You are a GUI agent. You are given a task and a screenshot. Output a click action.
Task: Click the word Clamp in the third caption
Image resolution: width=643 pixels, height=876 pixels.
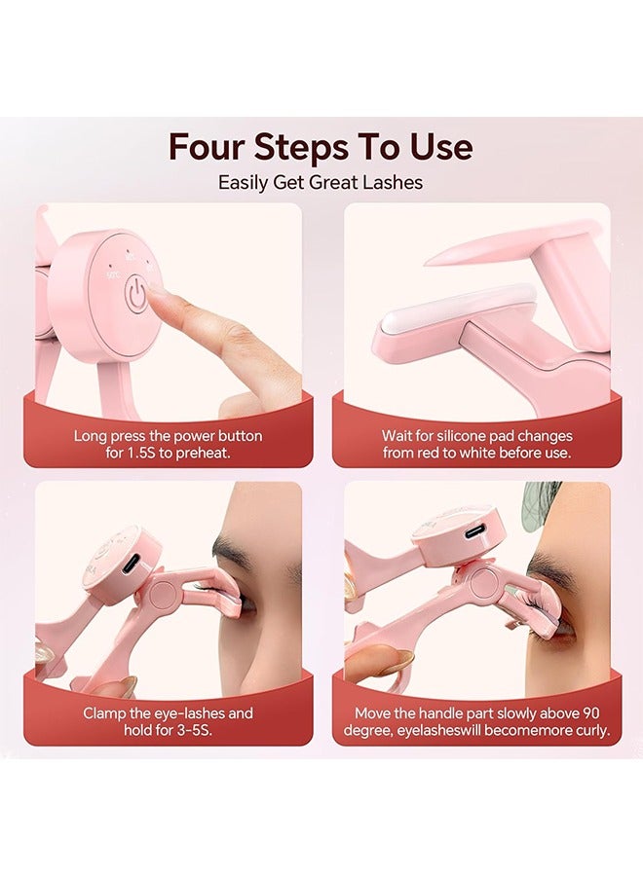pyautogui.click(x=104, y=713)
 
